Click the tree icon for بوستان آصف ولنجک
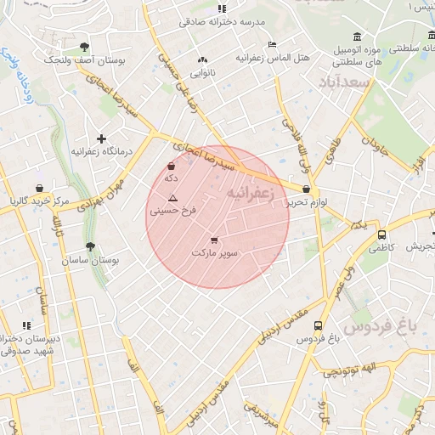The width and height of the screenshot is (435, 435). (83, 47)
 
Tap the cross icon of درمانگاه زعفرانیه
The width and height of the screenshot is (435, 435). (102, 138)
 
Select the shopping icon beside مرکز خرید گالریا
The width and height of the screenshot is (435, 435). (39, 188)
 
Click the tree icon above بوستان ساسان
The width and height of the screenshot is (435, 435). (90, 246)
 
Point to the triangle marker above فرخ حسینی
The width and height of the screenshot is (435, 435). (172, 197)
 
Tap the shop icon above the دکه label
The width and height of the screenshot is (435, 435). (172, 167)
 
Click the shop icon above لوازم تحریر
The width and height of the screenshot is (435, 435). (306, 189)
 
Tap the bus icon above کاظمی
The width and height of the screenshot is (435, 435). (381, 234)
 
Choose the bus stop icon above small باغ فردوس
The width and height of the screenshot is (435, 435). (318, 325)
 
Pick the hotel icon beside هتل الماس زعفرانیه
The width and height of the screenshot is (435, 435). (272, 44)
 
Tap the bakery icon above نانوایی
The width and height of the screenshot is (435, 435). (201, 60)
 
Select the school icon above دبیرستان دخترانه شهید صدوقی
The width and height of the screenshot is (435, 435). (26, 325)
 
